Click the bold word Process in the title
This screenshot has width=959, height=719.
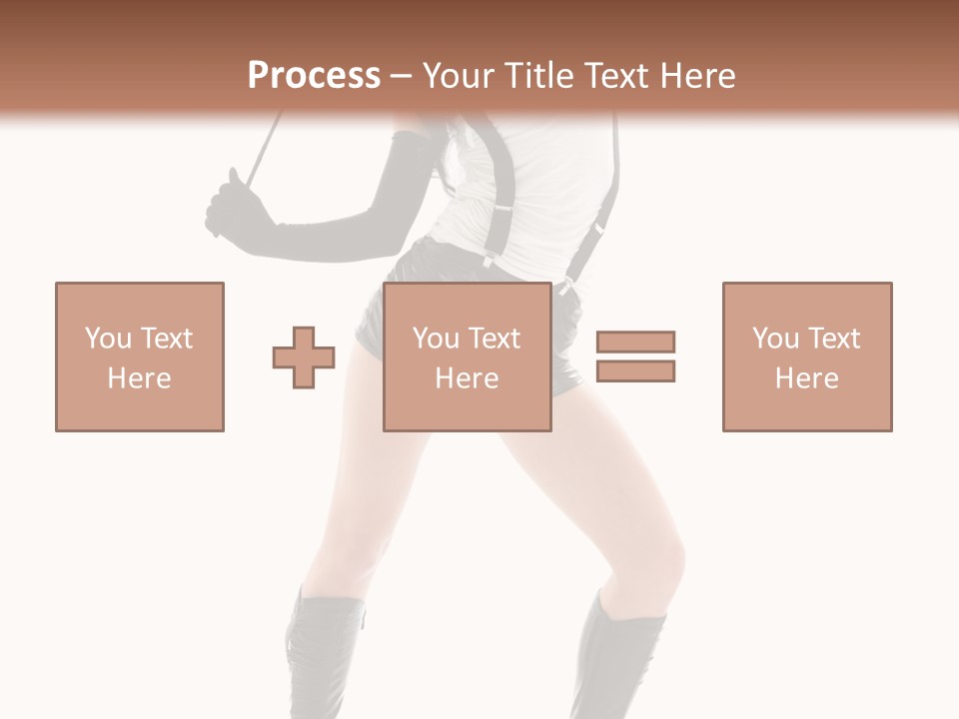[x=314, y=76]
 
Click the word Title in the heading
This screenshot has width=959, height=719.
[x=537, y=76]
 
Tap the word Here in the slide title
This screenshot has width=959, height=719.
[x=698, y=76]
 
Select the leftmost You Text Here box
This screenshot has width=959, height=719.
[x=140, y=357]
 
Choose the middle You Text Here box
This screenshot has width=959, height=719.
[x=467, y=357]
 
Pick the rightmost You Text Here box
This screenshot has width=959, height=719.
[x=807, y=357]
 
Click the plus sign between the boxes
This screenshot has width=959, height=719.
[x=304, y=358]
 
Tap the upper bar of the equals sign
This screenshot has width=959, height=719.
[x=635, y=342]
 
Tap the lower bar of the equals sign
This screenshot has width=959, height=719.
[x=635, y=371]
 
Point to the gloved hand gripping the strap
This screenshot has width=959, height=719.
[x=232, y=205]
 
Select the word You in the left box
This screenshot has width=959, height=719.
[x=108, y=339]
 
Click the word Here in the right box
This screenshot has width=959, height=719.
[x=807, y=378]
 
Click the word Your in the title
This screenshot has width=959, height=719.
[x=458, y=76]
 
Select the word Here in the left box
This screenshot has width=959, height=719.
[x=140, y=378]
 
